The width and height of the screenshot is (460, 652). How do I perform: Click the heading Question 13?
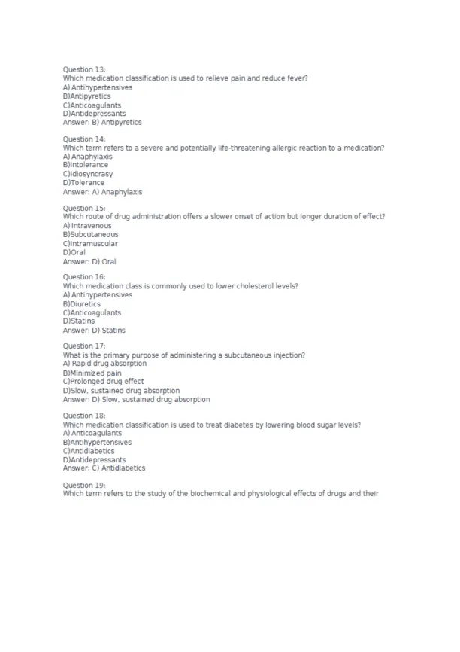coord(84,69)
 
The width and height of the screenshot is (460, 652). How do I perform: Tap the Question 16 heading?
coord(84,277)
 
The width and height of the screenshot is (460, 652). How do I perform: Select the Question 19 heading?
coord(84,485)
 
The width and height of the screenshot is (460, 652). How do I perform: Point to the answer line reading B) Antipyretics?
coord(102,122)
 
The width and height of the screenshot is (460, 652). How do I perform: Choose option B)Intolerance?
coord(86,165)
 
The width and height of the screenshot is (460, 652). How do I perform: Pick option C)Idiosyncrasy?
coord(88,174)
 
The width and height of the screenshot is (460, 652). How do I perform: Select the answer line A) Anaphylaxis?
coord(102,192)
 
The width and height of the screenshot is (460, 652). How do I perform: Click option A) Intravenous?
coord(87,226)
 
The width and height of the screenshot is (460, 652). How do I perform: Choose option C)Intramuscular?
coord(90,244)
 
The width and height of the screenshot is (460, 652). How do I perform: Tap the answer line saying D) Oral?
coord(89,262)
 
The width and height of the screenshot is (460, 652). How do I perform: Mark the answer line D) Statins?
coord(94,331)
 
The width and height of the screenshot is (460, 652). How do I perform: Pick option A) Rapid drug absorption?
coord(104,364)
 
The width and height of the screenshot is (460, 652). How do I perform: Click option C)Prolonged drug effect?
coord(103,382)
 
